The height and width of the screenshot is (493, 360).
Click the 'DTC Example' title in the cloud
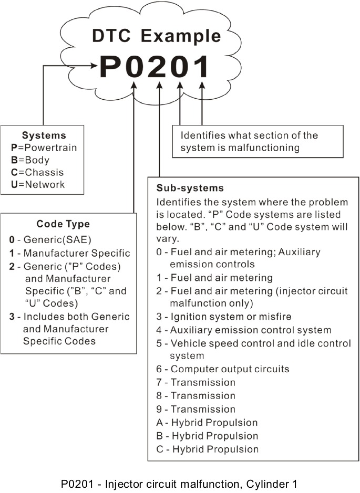pos(156,36)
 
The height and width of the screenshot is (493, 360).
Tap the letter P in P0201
pos(111,67)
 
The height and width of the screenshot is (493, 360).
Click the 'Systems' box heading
pos(44,135)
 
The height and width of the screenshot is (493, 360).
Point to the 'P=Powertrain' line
pos(44,148)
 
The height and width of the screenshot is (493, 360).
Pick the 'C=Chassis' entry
pos(37,172)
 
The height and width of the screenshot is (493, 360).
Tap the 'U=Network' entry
pos(38,184)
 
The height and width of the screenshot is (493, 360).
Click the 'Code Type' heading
pos(63,224)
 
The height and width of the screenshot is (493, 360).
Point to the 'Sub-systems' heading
pos(190,187)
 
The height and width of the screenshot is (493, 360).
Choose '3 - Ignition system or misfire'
pos(224,317)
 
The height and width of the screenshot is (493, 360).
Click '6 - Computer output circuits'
pos(223,369)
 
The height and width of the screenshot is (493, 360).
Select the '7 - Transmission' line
pos(196,382)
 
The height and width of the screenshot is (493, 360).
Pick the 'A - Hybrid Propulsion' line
pos(207,422)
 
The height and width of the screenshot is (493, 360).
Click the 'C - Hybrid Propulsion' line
pos(207,449)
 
